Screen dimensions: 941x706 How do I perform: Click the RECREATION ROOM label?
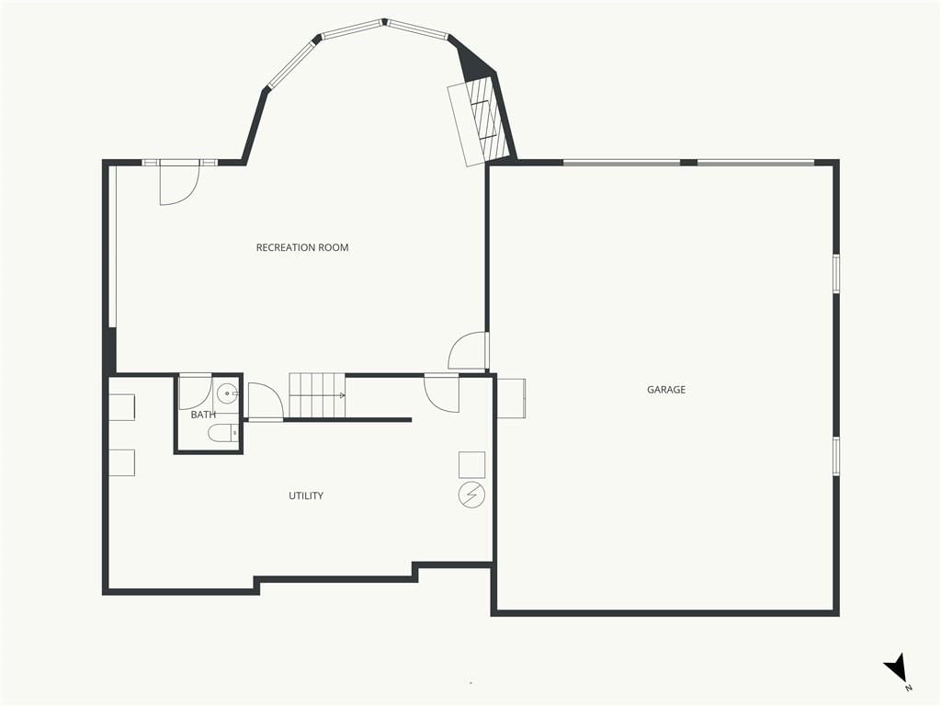click(301, 247)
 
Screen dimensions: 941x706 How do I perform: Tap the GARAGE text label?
click(666, 390)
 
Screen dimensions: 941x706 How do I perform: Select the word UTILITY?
click(306, 495)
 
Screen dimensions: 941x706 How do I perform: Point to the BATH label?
click(203, 415)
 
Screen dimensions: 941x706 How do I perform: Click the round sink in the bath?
click(227, 394)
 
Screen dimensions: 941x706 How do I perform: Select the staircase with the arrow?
click(317, 395)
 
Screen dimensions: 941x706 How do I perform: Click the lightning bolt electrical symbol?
click(471, 495)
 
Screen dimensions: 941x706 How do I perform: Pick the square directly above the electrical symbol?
click(471, 464)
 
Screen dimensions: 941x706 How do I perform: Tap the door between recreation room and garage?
click(469, 350)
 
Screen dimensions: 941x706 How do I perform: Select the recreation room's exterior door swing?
click(179, 184)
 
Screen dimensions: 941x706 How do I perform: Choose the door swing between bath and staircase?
click(265, 401)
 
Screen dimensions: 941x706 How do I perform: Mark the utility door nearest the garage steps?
click(442, 393)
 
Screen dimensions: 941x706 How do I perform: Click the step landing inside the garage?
click(511, 398)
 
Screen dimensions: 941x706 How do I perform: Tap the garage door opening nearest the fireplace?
click(621, 162)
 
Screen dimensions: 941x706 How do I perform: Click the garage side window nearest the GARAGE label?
click(836, 456)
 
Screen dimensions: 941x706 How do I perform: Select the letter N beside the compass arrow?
click(909, 688)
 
